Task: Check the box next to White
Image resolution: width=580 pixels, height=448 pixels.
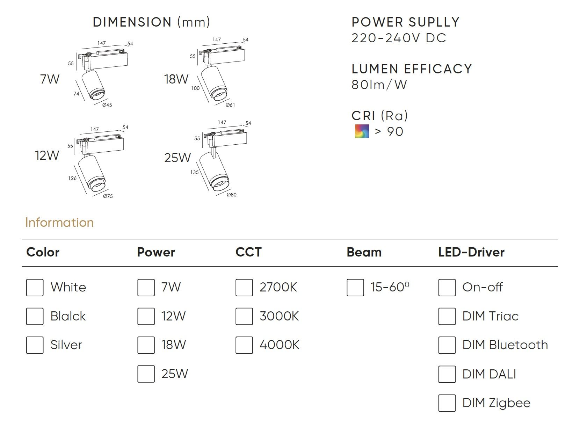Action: coord(35,288)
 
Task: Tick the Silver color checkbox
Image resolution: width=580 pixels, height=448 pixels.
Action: coord(35,345)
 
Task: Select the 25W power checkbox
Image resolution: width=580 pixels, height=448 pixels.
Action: coord(146,374)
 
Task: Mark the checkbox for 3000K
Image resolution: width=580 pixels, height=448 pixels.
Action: coord(244,316)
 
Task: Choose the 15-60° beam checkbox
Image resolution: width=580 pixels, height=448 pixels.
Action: coord(355,288)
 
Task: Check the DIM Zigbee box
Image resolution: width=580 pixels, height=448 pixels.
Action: coord(447,403)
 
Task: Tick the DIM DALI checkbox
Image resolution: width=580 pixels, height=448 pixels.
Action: coord(447,374)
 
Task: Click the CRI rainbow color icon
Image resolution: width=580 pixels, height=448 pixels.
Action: coord(362,131)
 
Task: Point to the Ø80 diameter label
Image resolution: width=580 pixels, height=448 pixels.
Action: coord(231,195)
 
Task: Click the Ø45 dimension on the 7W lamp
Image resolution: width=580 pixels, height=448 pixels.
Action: coord(107,105)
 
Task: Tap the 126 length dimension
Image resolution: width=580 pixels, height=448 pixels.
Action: coord(72,178)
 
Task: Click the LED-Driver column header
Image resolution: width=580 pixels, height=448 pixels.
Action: coord(471,252)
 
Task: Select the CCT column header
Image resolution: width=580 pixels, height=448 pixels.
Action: coord(248,252)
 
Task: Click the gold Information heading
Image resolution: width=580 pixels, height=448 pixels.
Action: coord(59,223)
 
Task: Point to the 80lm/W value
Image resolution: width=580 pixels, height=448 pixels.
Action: coord(379,85)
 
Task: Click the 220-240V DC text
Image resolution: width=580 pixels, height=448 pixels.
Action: coord(399,38)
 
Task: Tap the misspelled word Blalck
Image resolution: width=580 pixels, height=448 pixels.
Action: coord(68,316)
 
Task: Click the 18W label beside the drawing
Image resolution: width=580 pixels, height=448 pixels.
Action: coord(176,79)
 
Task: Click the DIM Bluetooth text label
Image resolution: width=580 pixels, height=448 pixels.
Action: coord(505,345)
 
